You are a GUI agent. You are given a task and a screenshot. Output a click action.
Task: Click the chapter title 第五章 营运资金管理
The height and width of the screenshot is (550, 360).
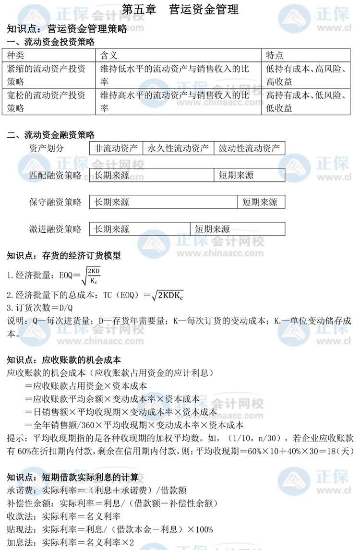pyautogui.click(x=180, y=9)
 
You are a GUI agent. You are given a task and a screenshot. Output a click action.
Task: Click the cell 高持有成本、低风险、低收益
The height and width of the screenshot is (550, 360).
pyautogui.click(x=310, y=102)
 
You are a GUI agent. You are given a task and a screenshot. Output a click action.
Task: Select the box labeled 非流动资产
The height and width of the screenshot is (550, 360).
pyautogui.click(x=117, y=148)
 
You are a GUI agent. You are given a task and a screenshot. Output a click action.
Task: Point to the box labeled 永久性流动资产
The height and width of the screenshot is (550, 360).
pyautogui.click(x=178, y=148)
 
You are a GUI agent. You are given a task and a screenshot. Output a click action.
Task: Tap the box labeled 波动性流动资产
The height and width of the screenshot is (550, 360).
pyautogui.click(x=249, y=148)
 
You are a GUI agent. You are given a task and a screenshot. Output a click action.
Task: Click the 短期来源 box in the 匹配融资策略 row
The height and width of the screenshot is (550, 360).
pyautogui.click(x=249, y=175)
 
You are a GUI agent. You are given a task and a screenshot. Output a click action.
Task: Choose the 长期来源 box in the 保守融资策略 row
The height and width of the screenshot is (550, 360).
pyautogui.click(x=164, y=202)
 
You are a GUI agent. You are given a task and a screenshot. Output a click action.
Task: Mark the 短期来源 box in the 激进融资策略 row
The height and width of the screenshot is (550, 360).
pyautogui.click(x=237, y=229)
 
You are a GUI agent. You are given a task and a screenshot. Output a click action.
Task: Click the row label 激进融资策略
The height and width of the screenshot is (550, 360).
pyautogui.click(x=55, y=229)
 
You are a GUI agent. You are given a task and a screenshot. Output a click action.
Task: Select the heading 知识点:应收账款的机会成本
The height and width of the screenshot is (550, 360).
pyautogui.click(x=64, y=359)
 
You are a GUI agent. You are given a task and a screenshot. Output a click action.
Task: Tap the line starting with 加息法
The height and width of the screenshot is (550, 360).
pyautogui.click(x=71, y=542)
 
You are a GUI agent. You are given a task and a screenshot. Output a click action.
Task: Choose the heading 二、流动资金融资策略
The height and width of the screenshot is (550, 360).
pyautogui.click(x=51, y=135)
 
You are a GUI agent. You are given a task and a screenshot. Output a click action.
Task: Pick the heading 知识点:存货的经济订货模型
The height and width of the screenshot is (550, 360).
pyautogui.click(x=64, y=256)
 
